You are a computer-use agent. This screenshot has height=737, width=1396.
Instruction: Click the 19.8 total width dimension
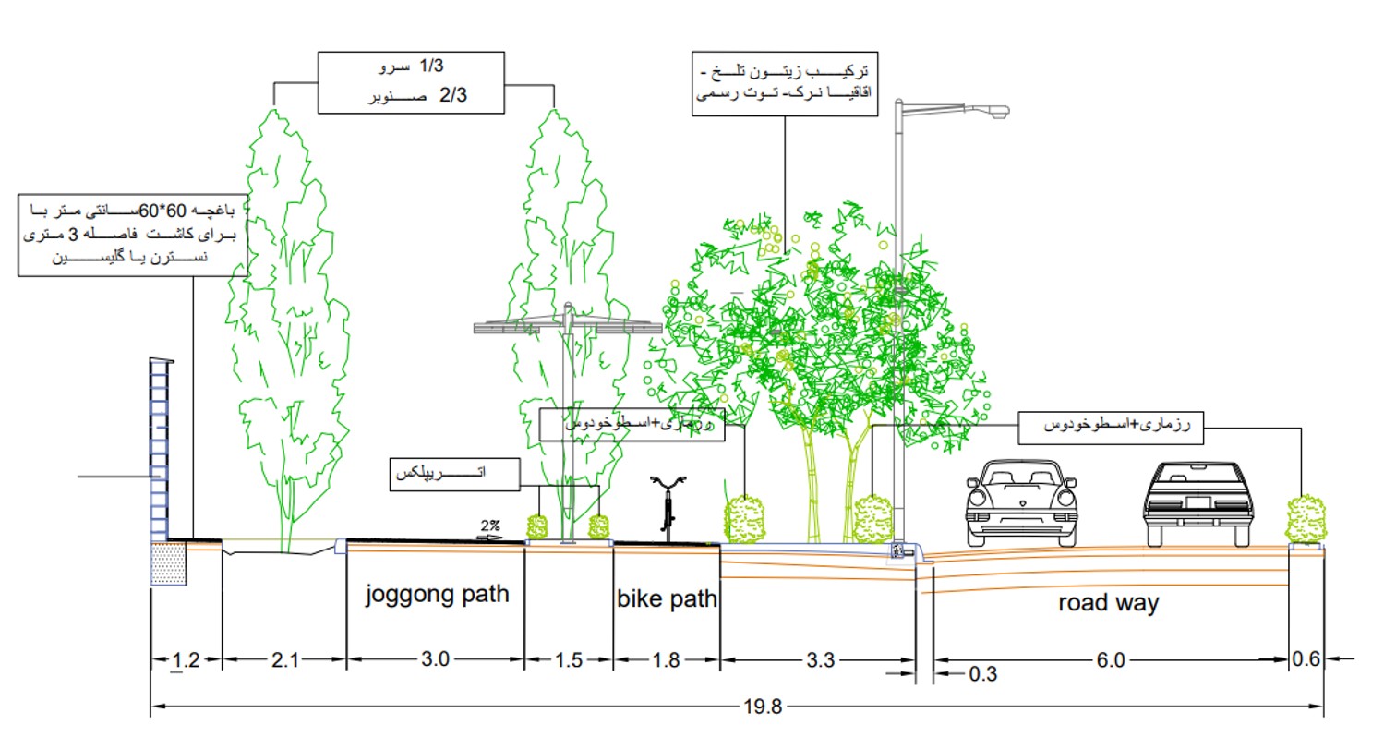[x=762, y=707]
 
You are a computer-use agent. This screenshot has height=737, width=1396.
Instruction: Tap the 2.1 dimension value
[x=285, y=659]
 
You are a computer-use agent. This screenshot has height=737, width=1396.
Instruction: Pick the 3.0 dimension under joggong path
[x=435, y=659]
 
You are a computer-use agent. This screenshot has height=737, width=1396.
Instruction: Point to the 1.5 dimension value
[x=570, y=659]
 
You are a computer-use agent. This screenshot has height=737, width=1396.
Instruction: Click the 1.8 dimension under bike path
[x=666, y=659]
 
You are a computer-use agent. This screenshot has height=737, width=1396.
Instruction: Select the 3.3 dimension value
[x=819, y=659]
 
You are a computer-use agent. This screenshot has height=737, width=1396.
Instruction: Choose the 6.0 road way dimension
[x=1111, y=659]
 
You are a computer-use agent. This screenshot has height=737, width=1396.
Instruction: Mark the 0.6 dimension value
[x=1307, y=659]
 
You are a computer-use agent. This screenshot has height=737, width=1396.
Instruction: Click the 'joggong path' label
[x=437, y=594]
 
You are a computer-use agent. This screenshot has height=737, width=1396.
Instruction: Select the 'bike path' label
[x=667, y=598]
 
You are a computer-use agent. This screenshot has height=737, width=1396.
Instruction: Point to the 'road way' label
[x=1108, y=604]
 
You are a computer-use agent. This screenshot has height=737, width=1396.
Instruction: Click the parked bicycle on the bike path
[x=668, y=506]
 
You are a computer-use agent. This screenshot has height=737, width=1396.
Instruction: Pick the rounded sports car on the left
[x=1020, y=504]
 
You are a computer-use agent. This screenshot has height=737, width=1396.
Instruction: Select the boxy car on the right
[x=1197, y=503]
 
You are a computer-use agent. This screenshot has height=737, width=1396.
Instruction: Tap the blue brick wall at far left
[x=162, y=453]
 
